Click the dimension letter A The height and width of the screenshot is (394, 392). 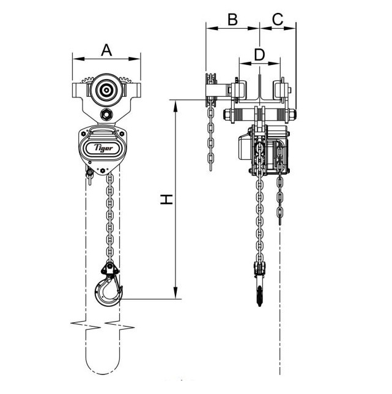pos(106,50)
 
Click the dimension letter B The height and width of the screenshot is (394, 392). pos(232,20)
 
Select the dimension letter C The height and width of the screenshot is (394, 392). pos(278,20)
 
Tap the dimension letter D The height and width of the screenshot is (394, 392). pos(259,55)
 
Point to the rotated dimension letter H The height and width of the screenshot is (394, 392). pos(166,199)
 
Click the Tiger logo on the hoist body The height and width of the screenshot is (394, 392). pos(103,148)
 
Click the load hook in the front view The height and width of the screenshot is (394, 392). pos(108,290)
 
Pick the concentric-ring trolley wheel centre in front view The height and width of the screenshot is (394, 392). pos(106,90)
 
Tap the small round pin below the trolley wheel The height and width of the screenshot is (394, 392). pos(106,115)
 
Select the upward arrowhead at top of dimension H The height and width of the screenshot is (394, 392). pos(176,106)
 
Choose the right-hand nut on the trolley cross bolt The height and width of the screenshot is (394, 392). pos(292,115)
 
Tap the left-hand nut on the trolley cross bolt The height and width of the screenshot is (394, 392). pos(227,115)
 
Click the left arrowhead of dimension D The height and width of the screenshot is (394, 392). pos(245,63)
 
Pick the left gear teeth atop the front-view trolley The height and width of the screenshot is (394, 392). pos(87,80)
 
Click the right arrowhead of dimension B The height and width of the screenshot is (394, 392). pos(254,28)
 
